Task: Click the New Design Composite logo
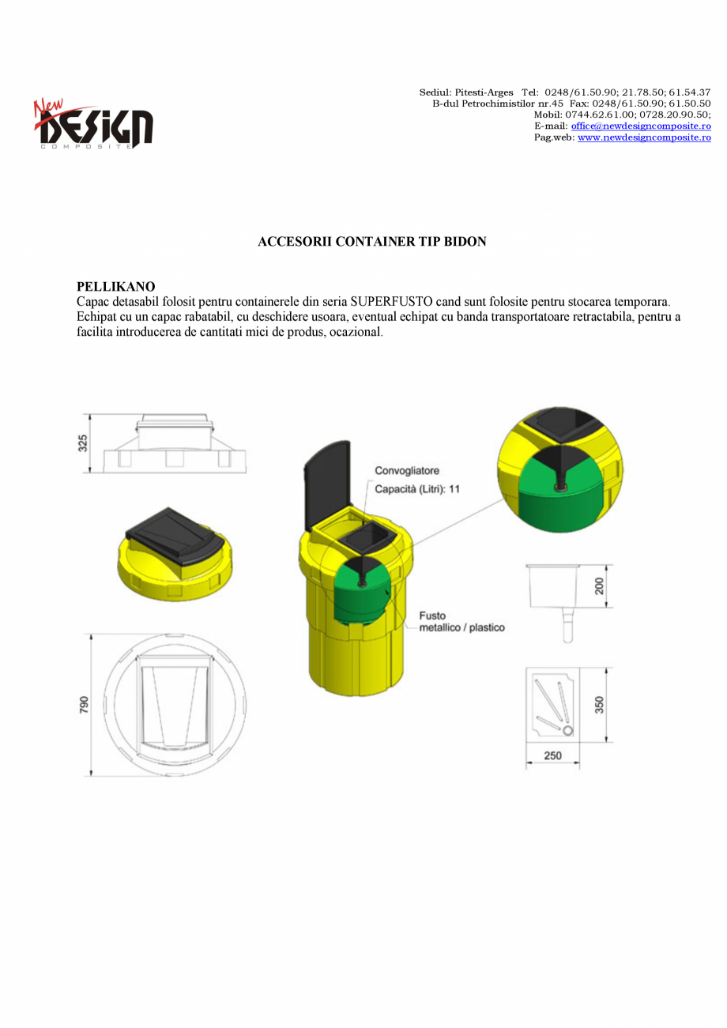(x=93, y=124)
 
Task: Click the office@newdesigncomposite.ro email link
(x=641, y=126)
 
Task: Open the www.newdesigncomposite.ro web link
(x=644, y=137)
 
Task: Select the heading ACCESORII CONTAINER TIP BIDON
(x=371, y=242)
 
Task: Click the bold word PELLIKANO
(x=115, y=286)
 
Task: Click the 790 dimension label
(x=85, y=704)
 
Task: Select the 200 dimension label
(x=600, y=586)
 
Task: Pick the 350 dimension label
(x=600, y=704)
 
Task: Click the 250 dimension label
(x=553, y=756)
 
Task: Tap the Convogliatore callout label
(x=407, y=471)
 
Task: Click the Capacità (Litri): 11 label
(x=417, y=489)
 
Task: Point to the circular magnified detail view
(x=559, y=469)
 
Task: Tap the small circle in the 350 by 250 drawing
(x=567, y=731)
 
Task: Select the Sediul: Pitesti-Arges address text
(x=466, y=92)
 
